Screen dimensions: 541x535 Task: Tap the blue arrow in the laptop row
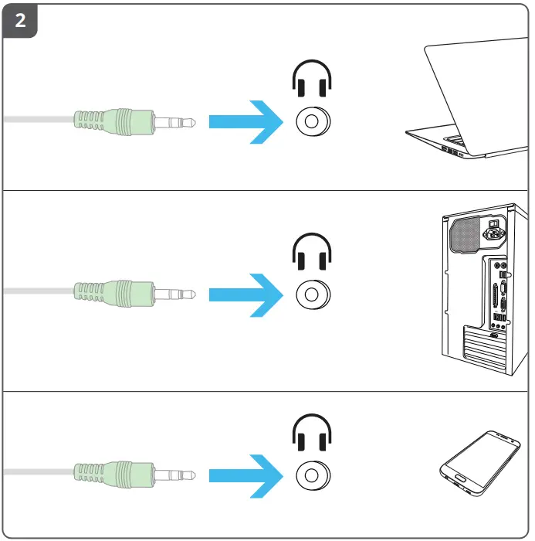(x=247, y=121)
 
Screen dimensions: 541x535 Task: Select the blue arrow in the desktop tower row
(x=247, y=294)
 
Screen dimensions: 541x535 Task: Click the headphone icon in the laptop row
(x=312, y=80)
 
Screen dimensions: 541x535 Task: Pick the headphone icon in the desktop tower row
(x=312, y=252)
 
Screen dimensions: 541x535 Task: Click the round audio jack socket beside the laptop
(x=312, y=121)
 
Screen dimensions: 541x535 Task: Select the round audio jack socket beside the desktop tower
(x=312, y=294)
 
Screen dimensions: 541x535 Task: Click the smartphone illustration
(x=479, y=461)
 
